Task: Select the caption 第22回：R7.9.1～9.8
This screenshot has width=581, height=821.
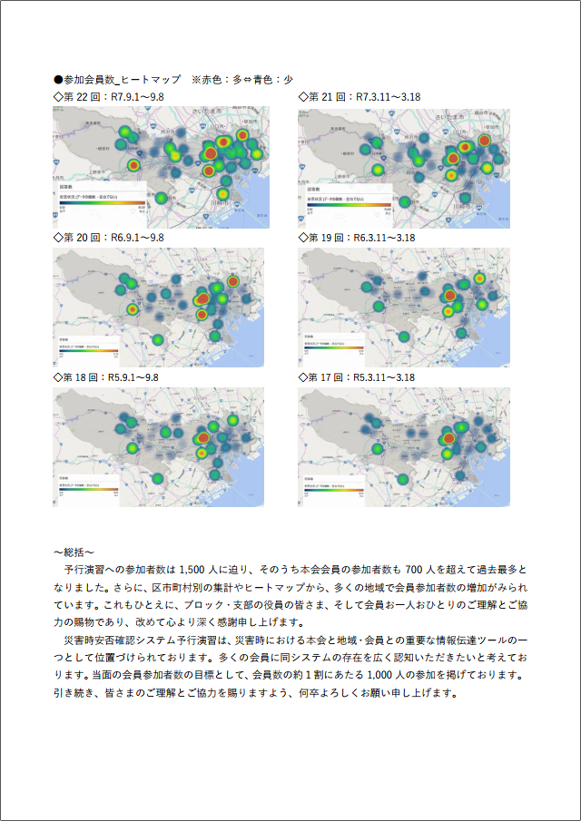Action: (x=109, y=97)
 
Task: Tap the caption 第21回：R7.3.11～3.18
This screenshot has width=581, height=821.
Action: (x=359, y=97)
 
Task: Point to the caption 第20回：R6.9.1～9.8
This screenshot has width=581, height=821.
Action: (x=109, y=238)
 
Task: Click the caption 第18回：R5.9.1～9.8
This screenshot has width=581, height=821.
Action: (x=106, y=377)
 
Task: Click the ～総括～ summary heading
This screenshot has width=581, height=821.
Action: (x=74, y=552)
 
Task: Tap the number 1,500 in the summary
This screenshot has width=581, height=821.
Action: (x=197, y=570)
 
